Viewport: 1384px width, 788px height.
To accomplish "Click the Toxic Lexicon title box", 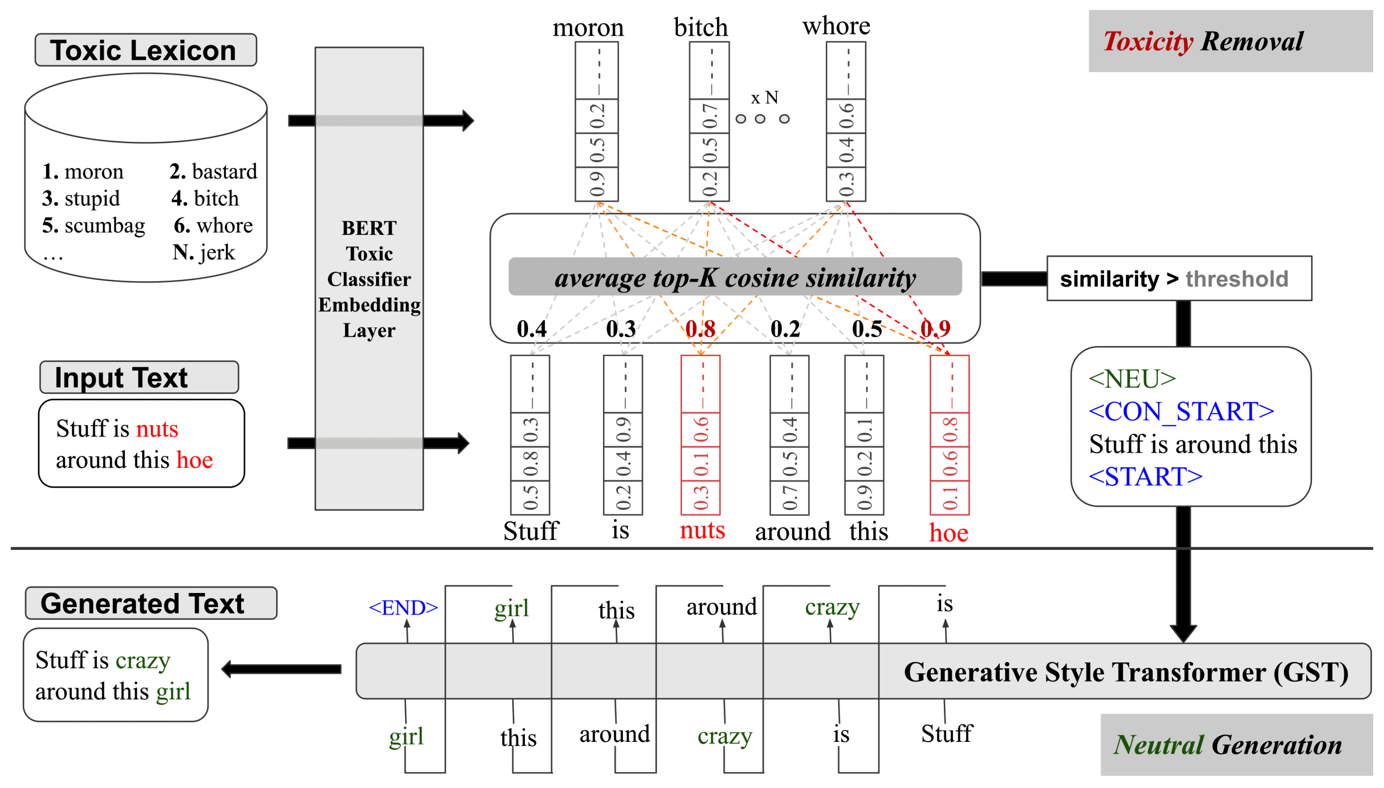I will [x=145, y=50].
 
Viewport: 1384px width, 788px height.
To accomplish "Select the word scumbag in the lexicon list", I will [x=104, y=225].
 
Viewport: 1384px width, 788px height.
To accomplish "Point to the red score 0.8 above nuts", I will [x=700, y=329].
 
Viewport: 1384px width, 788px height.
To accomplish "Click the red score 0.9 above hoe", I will [x=935, y=328].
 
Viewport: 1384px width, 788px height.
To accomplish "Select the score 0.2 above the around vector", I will [x=785, y=329].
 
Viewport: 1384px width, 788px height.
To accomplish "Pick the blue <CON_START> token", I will [x=1181, y=411].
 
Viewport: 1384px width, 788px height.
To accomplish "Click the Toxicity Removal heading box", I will [x=1230, y=41].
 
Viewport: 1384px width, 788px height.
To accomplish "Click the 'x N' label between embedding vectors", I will [x=764, y=98].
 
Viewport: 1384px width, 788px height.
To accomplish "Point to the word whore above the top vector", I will [x=836, y=26].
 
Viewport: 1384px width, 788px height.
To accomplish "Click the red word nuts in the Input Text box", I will [x=157, y=429].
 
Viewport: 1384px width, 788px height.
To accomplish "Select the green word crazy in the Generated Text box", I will [x=143, y=660].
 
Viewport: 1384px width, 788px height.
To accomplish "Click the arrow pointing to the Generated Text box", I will [x=282, y=669].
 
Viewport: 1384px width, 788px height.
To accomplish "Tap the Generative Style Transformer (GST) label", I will [x=1126, y=672].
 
